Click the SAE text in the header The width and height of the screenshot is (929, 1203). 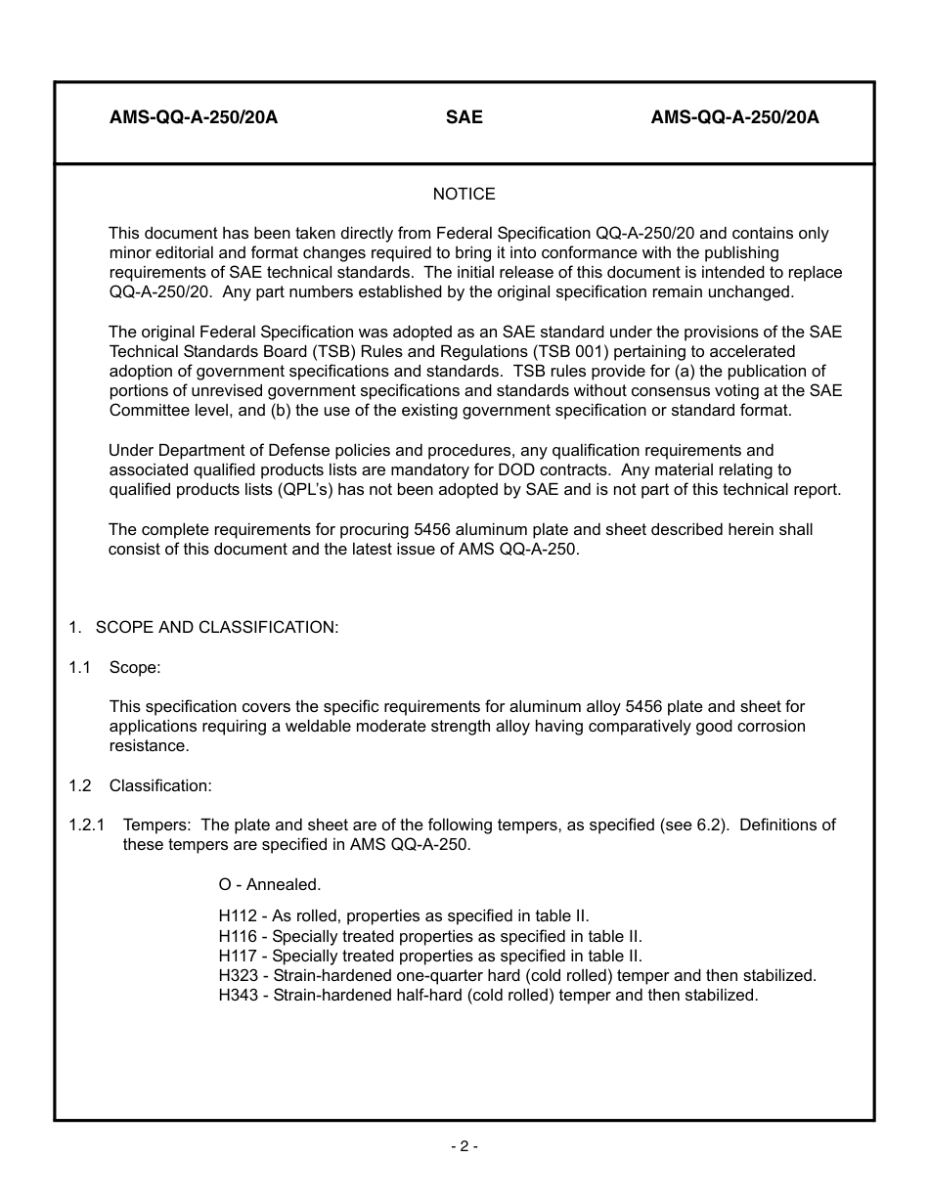click(x=464, y=117)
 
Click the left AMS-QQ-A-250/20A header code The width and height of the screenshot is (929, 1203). click(x=194, y=117)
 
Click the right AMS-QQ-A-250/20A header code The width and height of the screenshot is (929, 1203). click(x=734, y=117)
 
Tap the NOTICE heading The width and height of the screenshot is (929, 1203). click(x=464, y=194)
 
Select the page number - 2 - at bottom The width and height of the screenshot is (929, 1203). click(x=464, y=1146)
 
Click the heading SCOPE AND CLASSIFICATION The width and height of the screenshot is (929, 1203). click(x=217, y=627)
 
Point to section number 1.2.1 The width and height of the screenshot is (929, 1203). click(x=86, y=824)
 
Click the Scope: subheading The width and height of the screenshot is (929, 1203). click(x=135, y=667)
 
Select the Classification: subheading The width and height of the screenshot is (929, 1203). click(x=160, y=785)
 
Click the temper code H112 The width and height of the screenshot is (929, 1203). click(x=238, y=916)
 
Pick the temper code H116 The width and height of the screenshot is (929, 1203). click(x=238, y=936)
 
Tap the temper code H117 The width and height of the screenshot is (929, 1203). click(x=238, y=956)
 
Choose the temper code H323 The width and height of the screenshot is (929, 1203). click(x=238, y=975)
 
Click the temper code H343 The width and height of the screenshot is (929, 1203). click(x=238, y=995)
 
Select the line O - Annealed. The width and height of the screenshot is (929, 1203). click(x=270, y=884)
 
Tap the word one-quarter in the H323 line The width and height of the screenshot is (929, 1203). click(x=436, y=975)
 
